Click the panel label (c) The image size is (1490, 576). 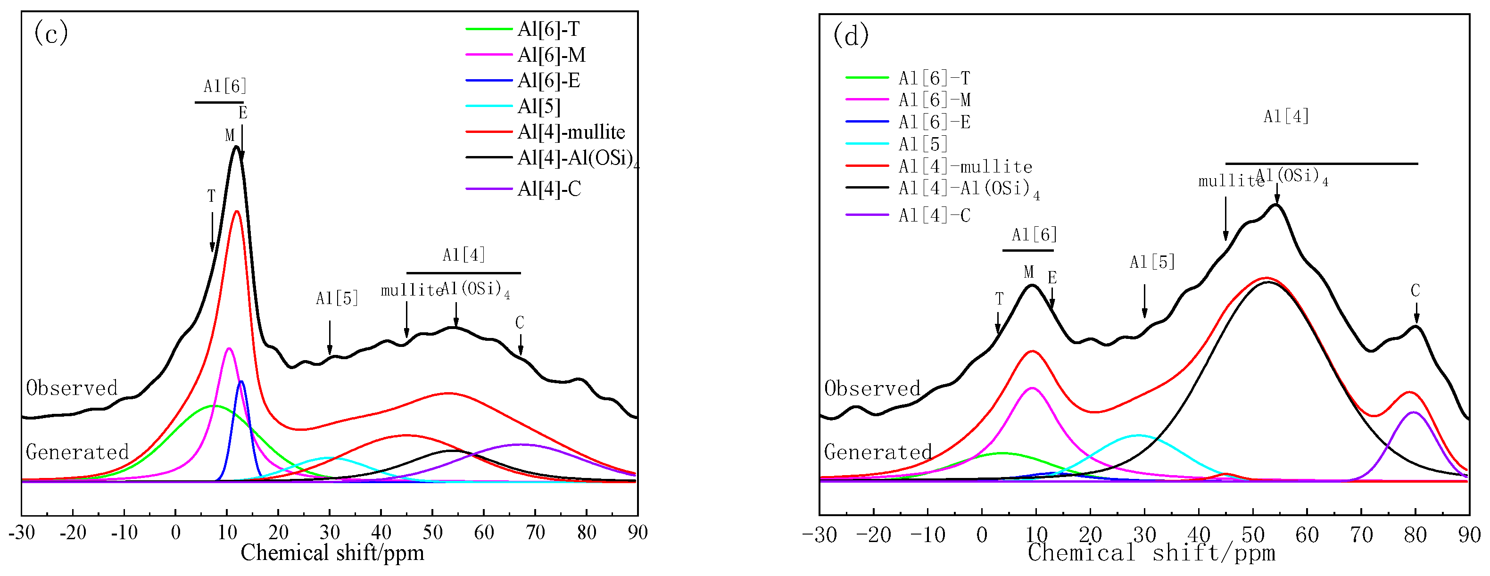(x=51, y=33)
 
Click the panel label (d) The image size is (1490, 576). (x=850, y=36)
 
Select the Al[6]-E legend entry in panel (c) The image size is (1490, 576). (x=548, y=81)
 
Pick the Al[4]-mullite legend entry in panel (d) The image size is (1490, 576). (x=965, y=166)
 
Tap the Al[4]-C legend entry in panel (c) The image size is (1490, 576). (x=548, y=189)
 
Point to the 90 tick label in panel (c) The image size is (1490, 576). (x=637, y=532)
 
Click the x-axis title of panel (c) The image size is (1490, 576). (x=332, y=553)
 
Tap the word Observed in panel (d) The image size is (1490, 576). (x=872, y=388)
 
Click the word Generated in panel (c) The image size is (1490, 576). (x=77, y=452)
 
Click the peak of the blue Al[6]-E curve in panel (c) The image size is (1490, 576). (x=241, y=382)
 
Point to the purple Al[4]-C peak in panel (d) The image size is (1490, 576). (x=1414, y=412)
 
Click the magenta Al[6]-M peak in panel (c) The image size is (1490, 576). (x=229, y=348)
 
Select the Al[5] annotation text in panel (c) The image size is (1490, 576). (x=337, y=298)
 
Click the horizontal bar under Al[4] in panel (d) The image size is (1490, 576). (x=1321, y=164)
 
